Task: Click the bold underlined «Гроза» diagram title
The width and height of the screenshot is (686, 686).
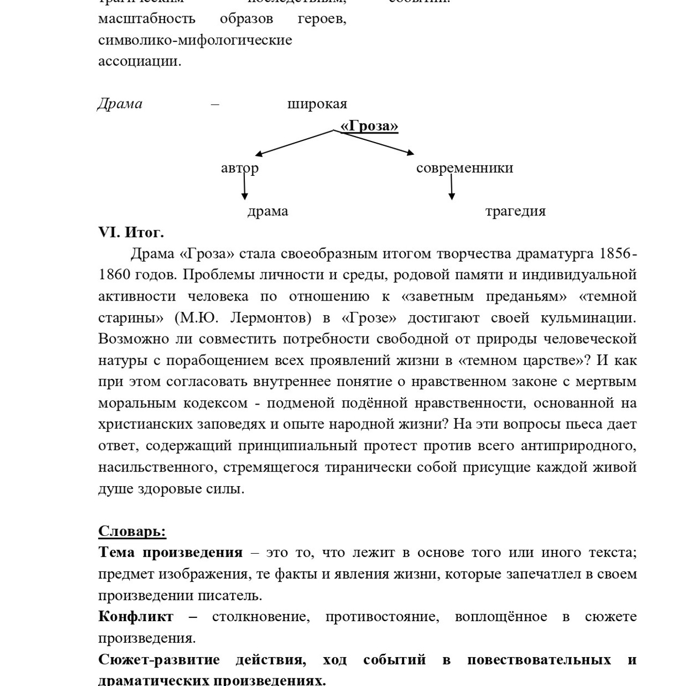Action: coord(369,125)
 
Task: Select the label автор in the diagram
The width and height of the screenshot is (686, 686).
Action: coord(240,168)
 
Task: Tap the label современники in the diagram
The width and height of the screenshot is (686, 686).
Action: coord(464,168)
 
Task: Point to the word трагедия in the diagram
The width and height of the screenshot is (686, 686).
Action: coord(515,211)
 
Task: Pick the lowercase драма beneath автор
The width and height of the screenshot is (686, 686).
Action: coord(267,211)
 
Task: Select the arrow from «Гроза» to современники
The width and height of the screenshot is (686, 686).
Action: coord(378,143)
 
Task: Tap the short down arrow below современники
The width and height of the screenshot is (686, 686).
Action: coord(451,188)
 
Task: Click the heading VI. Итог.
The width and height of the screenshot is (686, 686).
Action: coord(131,233)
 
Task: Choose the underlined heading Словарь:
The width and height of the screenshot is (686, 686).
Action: coord(132,531)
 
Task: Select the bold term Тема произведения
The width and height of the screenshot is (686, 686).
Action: coord(170,553)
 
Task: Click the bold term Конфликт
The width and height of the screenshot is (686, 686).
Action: coord(136,617)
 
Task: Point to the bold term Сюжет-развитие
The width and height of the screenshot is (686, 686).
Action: coord(159,660)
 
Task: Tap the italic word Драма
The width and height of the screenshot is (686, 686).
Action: coord(120,103)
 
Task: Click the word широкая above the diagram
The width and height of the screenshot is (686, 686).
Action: coord(317,103)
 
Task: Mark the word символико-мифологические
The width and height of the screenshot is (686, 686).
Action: coord(195,40)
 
